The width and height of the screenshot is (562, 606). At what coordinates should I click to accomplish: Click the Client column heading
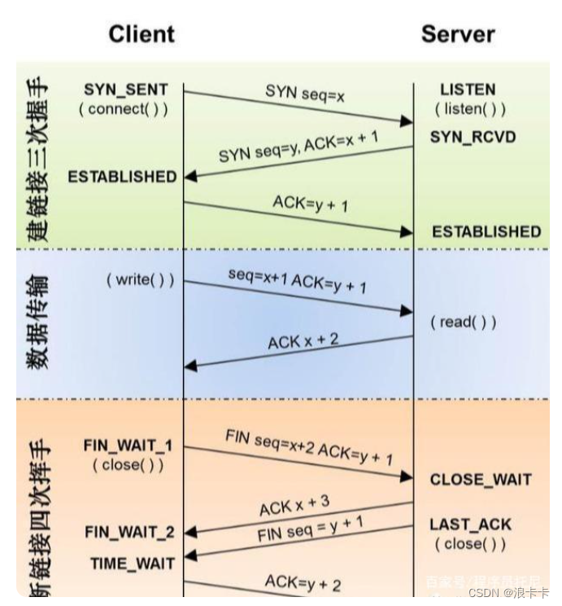click(x=142, y=33)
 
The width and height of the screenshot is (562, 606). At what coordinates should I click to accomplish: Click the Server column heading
click(x=458, y=33)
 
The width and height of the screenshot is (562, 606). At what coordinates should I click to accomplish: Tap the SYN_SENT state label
click(x=126, y=90)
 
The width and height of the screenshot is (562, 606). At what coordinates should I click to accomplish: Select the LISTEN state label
click(x=468, y=90)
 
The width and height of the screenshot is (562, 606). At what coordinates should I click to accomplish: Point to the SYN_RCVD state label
click(x=473, y=137)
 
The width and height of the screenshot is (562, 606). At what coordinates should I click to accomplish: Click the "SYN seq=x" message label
click(x=305, y=94)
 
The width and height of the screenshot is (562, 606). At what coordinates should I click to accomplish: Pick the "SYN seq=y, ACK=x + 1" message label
click(x=298, y=148)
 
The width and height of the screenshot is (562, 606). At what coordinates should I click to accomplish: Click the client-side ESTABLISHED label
click(x=122, y=176)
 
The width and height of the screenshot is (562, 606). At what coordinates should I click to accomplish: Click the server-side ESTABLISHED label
click(x=486, y=232)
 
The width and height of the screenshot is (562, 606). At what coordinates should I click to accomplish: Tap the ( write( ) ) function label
click(x=140, y=280)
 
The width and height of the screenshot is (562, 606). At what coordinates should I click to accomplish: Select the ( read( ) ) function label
click(x=463, y=322)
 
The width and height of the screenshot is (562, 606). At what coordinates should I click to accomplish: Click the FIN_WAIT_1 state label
click(x=128, y=446)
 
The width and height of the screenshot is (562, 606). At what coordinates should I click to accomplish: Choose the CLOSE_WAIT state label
click(x=479, y=480)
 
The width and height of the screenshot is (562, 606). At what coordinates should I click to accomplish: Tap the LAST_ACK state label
click(x=471, y=525)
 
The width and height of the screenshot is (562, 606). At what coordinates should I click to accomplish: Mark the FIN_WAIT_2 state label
click(x=129, y=533)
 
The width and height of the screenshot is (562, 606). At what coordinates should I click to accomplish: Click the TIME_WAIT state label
click(x=133, y=562)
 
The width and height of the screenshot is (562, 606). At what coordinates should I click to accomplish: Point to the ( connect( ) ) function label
click(x=124, y=109)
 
